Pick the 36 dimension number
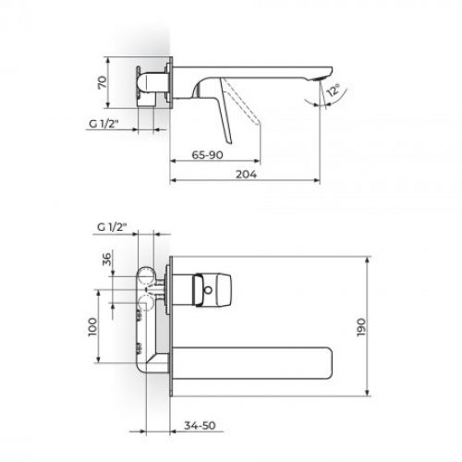(103, 261)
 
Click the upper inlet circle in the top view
(145, 275)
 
